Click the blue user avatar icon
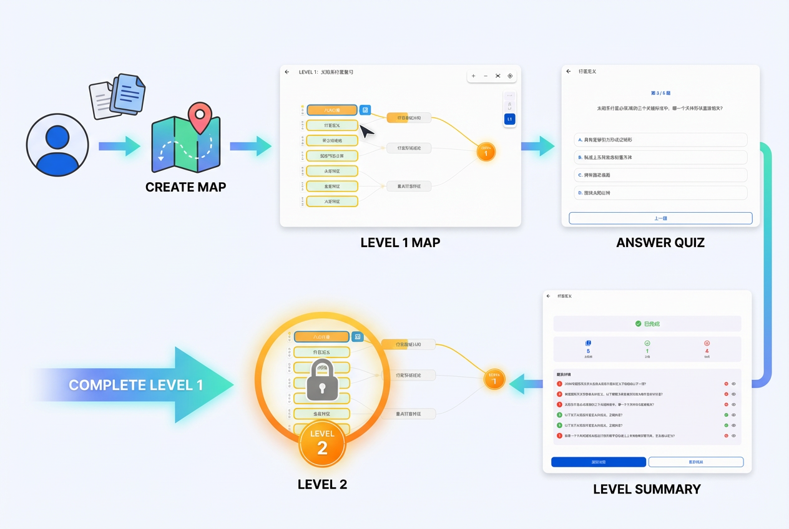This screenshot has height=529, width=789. pos(57,145)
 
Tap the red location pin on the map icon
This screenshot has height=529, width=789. pos(200,118)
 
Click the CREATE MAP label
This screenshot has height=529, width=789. pos(185,187)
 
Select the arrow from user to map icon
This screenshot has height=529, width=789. pos(119,146)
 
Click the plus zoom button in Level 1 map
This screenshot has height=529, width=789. pos(473,76)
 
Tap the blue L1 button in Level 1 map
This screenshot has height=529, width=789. pos(509,119)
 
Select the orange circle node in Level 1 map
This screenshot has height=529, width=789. pos(486,152)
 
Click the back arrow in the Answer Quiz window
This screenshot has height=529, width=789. pos(569,72)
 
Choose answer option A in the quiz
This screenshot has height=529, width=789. pos(660,140)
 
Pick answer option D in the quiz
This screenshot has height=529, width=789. pos(660,193)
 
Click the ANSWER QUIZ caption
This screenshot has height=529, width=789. pos(660,243)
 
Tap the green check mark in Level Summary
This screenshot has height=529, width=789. pos(638,324)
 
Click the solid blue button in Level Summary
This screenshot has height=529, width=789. pos(598,462)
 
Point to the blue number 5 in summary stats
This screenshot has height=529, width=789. pos(588,351)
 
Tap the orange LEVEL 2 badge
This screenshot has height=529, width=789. pos(322,444)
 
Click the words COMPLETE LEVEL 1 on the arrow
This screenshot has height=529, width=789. pos(135,385)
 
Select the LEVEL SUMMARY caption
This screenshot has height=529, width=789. pos(646,489)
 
